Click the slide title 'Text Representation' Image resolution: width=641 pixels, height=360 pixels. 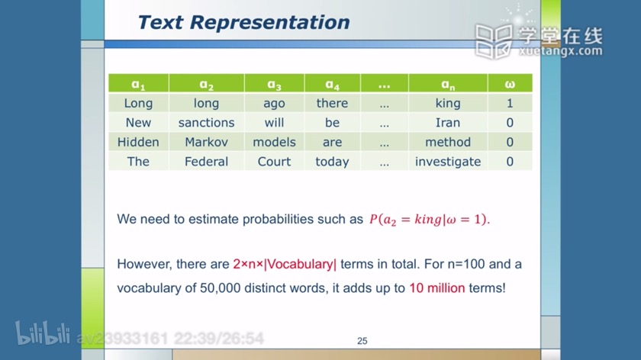pyautogui.click(x=243, y=22)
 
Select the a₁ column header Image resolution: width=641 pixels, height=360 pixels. pyautogui.click(x=138, y=83)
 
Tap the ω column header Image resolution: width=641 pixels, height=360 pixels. pyautogui.click(x=510, y=83)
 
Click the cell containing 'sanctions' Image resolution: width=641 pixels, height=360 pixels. pyautogui.click(x=207, y=123)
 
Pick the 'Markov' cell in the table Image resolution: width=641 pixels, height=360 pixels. pyautogui.click(x=207, y=142)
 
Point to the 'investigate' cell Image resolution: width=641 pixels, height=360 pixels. pyautogui.click(x=448, y=162)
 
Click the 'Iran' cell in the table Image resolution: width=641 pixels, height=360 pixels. pyautogui.click(x=448, y=123)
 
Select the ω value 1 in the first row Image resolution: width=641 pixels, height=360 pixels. pyautogui.click(x=510, y=103)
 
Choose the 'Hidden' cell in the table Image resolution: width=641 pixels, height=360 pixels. pyautogui.click(x=138, y=142)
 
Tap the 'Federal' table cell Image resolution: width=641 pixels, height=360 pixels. pyautogui.click(x=207, y=162)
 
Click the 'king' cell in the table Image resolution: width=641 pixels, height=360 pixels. pyautogui.click(x=448, y=103)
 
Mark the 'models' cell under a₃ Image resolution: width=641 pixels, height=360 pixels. pyautogui.click(x=274, y=142)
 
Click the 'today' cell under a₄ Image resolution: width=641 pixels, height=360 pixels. pyautogui.click(x=333, y=162)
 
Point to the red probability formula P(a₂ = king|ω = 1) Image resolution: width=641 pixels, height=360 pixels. pyautogui.click(x=429, y=220)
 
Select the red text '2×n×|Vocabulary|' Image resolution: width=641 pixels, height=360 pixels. pyautogui.click(x=285, y=264)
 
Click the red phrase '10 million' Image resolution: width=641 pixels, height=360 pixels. pyautogui.click(x=437, y=288)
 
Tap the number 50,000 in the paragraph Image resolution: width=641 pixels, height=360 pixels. pyautogui.click(x=220, y=288)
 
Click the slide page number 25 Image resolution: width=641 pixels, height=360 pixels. pyautogui.click(x=362, y=341)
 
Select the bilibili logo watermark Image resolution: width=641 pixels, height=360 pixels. pyautogui.click(x=43, y=333)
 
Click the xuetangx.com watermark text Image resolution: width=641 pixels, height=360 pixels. pyautogui.click(x=560, y=51)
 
